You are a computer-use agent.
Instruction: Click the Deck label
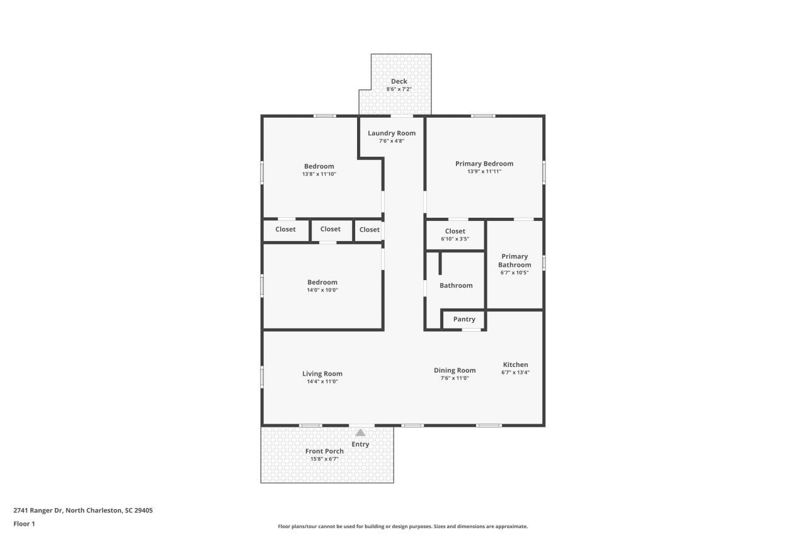(399, 81)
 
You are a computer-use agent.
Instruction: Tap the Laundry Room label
(392, 133)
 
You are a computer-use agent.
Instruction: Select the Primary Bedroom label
(484, 164)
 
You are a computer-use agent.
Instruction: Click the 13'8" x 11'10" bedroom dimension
(319, 174)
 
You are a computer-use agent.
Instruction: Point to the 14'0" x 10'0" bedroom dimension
(322, 290)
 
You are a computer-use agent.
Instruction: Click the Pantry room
(464, 319)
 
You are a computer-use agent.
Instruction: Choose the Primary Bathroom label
(514, 261)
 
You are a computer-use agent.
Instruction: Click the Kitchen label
(515, 365)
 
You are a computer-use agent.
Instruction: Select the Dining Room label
(455, 370)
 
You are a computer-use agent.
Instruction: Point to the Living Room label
(322, 374)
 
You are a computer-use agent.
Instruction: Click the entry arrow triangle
(360, 432)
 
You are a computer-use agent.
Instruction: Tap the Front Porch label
(324, 451)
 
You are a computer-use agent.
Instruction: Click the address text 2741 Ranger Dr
(83, 511)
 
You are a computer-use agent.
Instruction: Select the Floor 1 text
(24, 523)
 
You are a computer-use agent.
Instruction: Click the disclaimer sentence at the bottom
(403, 526)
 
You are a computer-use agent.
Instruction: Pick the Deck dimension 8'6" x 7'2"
(399, 89)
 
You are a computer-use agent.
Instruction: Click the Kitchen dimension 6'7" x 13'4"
(515, 372)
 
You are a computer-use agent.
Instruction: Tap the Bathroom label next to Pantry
(456, 285)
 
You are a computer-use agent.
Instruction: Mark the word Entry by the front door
(360, 444)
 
